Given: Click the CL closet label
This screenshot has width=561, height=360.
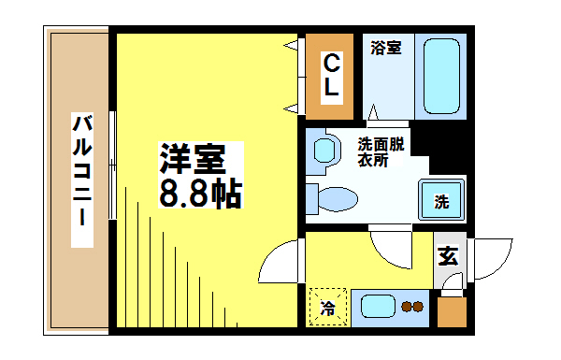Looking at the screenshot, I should point(330,77).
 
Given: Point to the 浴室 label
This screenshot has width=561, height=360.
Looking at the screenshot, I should point(385,47).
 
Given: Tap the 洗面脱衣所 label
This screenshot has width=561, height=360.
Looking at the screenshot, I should point(380,151).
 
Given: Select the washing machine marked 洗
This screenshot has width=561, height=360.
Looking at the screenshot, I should point(441,198).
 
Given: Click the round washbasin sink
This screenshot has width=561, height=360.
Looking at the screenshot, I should point(324,150).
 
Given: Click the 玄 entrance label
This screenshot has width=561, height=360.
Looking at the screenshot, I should point(449,254).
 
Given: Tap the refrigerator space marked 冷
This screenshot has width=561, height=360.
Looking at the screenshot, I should point(327,306).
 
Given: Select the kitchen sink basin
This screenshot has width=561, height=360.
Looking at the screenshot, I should point(379,306).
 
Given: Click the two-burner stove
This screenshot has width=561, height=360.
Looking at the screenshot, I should point(411,306).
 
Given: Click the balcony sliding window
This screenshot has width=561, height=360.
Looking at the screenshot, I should point(112,165).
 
